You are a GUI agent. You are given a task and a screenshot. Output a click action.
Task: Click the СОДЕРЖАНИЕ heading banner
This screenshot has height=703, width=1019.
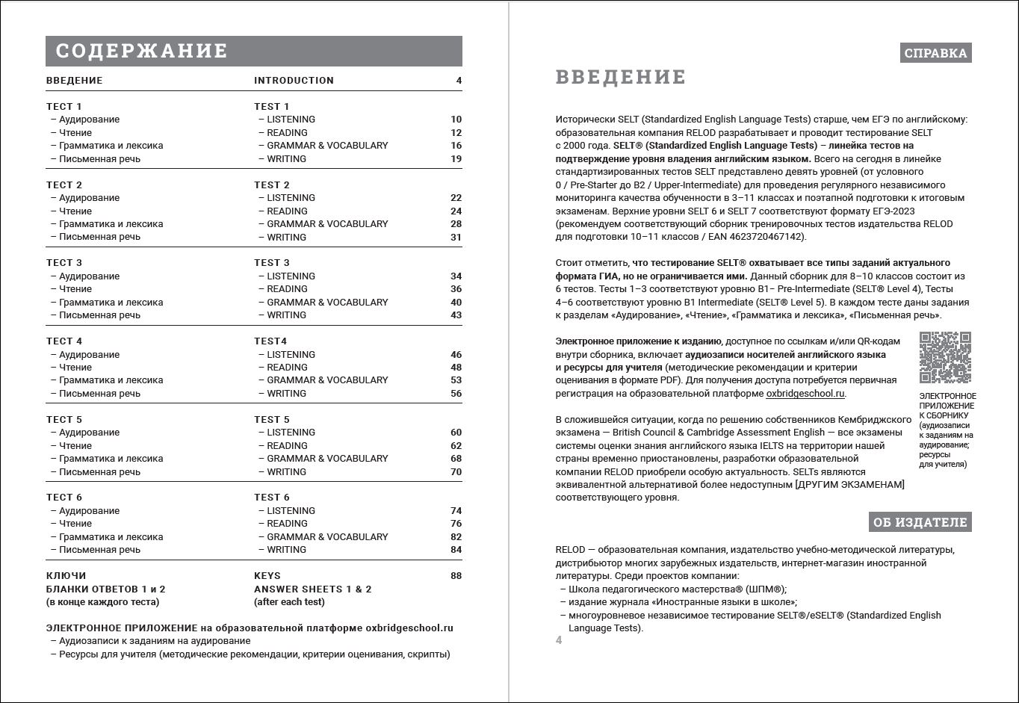pyautogui.click(x=253, y=51)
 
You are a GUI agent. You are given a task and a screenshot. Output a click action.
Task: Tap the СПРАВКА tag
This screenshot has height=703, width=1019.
pyautogui.click(x=935, y=53)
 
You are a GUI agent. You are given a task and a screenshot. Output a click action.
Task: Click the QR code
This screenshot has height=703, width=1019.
pyautogui.click(x=945, y=358)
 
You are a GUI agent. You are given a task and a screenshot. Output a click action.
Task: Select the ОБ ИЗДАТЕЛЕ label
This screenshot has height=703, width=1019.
pyautogui.click(x=920, y=522)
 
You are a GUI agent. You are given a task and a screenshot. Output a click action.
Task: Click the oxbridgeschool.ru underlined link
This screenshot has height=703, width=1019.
pyautogui.click(x=805, y=394)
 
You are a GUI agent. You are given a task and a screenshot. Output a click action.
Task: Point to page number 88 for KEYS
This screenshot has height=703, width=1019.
pyautogui.click(x=456, y=576)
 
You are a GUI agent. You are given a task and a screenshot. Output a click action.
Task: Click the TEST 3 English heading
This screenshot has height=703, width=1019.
pyautogui.click(x=272, y=263)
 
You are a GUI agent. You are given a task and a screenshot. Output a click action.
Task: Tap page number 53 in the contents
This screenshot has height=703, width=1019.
pyautogui.click(x=456, y=380)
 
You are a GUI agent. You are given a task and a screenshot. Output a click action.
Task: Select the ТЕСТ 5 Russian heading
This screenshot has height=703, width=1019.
pyautogui.click(x=64, y=420)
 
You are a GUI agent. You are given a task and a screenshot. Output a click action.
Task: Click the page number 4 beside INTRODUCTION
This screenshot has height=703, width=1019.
pyautogui.click(x=459, y=81)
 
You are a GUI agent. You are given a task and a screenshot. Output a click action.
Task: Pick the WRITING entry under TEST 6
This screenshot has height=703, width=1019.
pyautogui.click(x=286, y=550)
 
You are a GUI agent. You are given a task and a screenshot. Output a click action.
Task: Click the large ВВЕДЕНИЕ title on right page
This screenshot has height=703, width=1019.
pyautogui.click(x=620, y=77)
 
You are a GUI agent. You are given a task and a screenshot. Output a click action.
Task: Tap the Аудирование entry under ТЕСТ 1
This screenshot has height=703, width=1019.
pyautogui.click(x=89, y=120)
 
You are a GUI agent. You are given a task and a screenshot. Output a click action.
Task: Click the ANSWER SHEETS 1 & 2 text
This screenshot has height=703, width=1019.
pyautogui.click(x=312, y=589)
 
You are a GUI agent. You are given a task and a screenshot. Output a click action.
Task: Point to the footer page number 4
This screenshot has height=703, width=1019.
pyautogui.click(x=559, y=640)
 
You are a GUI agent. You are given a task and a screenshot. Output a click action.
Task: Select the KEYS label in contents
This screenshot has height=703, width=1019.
pyautogui.click(x=267, y=576)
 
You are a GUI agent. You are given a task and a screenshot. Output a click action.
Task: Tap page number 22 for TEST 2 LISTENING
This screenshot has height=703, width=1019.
pyautogui.click(x=456, y=198)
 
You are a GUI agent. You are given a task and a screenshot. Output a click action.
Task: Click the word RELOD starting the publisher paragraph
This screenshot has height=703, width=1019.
pyautogui.click(x=570, y=550)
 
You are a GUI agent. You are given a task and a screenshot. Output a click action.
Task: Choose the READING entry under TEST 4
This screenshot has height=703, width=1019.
pyautogui.click(x=287, y=368)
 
